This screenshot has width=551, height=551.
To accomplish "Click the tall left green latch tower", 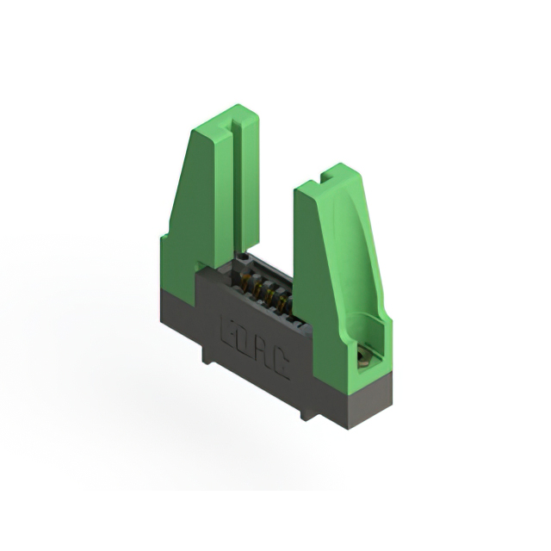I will (x=207, y=189).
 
